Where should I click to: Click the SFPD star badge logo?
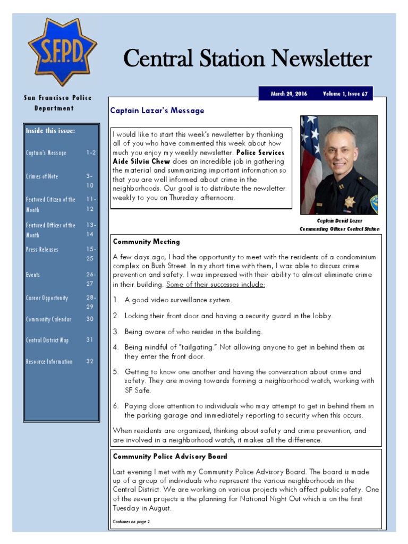point(62,52)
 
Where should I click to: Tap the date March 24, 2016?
point(289,94)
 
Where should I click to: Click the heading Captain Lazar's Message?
point(157,111)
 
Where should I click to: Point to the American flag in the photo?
point(310,154)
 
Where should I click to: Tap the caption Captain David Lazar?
point(339,220)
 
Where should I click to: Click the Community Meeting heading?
point(146,242)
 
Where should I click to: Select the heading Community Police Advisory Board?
point(170,456)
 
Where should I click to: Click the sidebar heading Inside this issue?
point(50,131)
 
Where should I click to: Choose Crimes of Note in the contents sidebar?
point(42,176)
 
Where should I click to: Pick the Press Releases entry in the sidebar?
point(42,250)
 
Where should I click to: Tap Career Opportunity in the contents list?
point(47,298)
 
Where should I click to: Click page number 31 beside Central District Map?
point(90,341)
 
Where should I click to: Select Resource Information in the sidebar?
point(49,362)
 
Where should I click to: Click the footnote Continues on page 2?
point(131,522)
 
